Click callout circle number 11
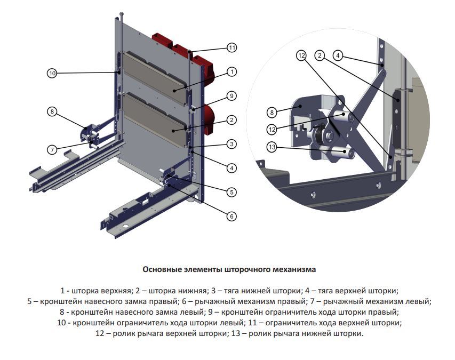[232, 48]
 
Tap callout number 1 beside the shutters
[232, 71]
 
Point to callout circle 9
[231, 96]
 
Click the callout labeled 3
[232, 144]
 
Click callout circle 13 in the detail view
[272, 147]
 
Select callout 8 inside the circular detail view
[272, 112]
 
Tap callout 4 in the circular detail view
[338, 54]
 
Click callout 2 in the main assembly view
[232, 120]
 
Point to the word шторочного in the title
[248, 269]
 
